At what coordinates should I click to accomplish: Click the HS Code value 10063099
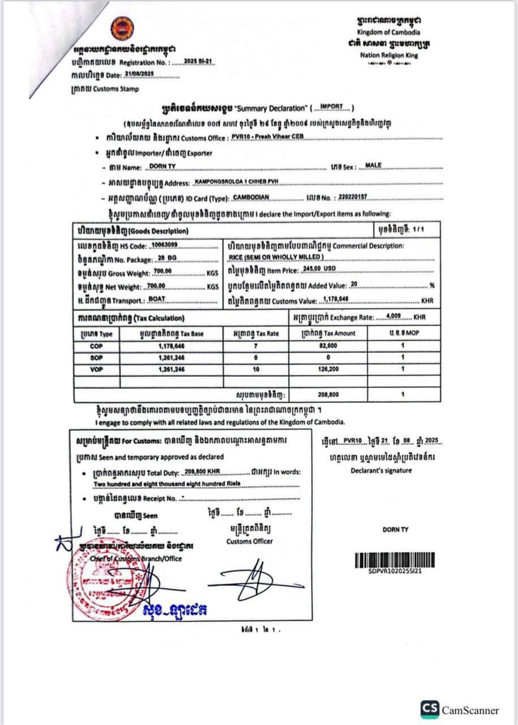(161, 246)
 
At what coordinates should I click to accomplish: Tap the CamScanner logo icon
(430, 709)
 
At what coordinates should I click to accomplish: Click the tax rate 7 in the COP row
(255, 346)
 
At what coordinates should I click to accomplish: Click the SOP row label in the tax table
(97, 357)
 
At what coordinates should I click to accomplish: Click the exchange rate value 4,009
(392, 316)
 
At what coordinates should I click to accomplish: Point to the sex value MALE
(374, 165)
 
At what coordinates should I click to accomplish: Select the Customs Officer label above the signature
(250, 541)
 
